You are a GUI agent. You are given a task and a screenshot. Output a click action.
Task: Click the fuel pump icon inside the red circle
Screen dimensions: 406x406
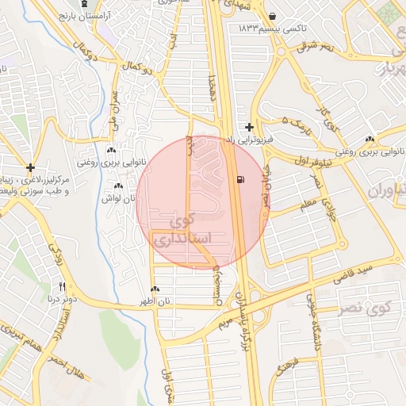tap(239, 179)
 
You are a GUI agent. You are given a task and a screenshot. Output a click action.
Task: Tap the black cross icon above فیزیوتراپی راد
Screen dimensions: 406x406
tap(250, 127)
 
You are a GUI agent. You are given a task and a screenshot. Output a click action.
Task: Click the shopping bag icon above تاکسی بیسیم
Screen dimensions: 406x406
tap(273, 16)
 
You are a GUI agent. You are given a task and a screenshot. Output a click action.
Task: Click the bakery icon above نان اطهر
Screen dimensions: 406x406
tap(154, 289)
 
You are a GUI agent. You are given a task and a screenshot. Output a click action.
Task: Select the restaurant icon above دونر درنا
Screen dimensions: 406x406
tap(62, 286)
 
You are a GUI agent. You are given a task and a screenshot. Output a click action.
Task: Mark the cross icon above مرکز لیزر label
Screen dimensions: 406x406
tap(30, 167)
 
